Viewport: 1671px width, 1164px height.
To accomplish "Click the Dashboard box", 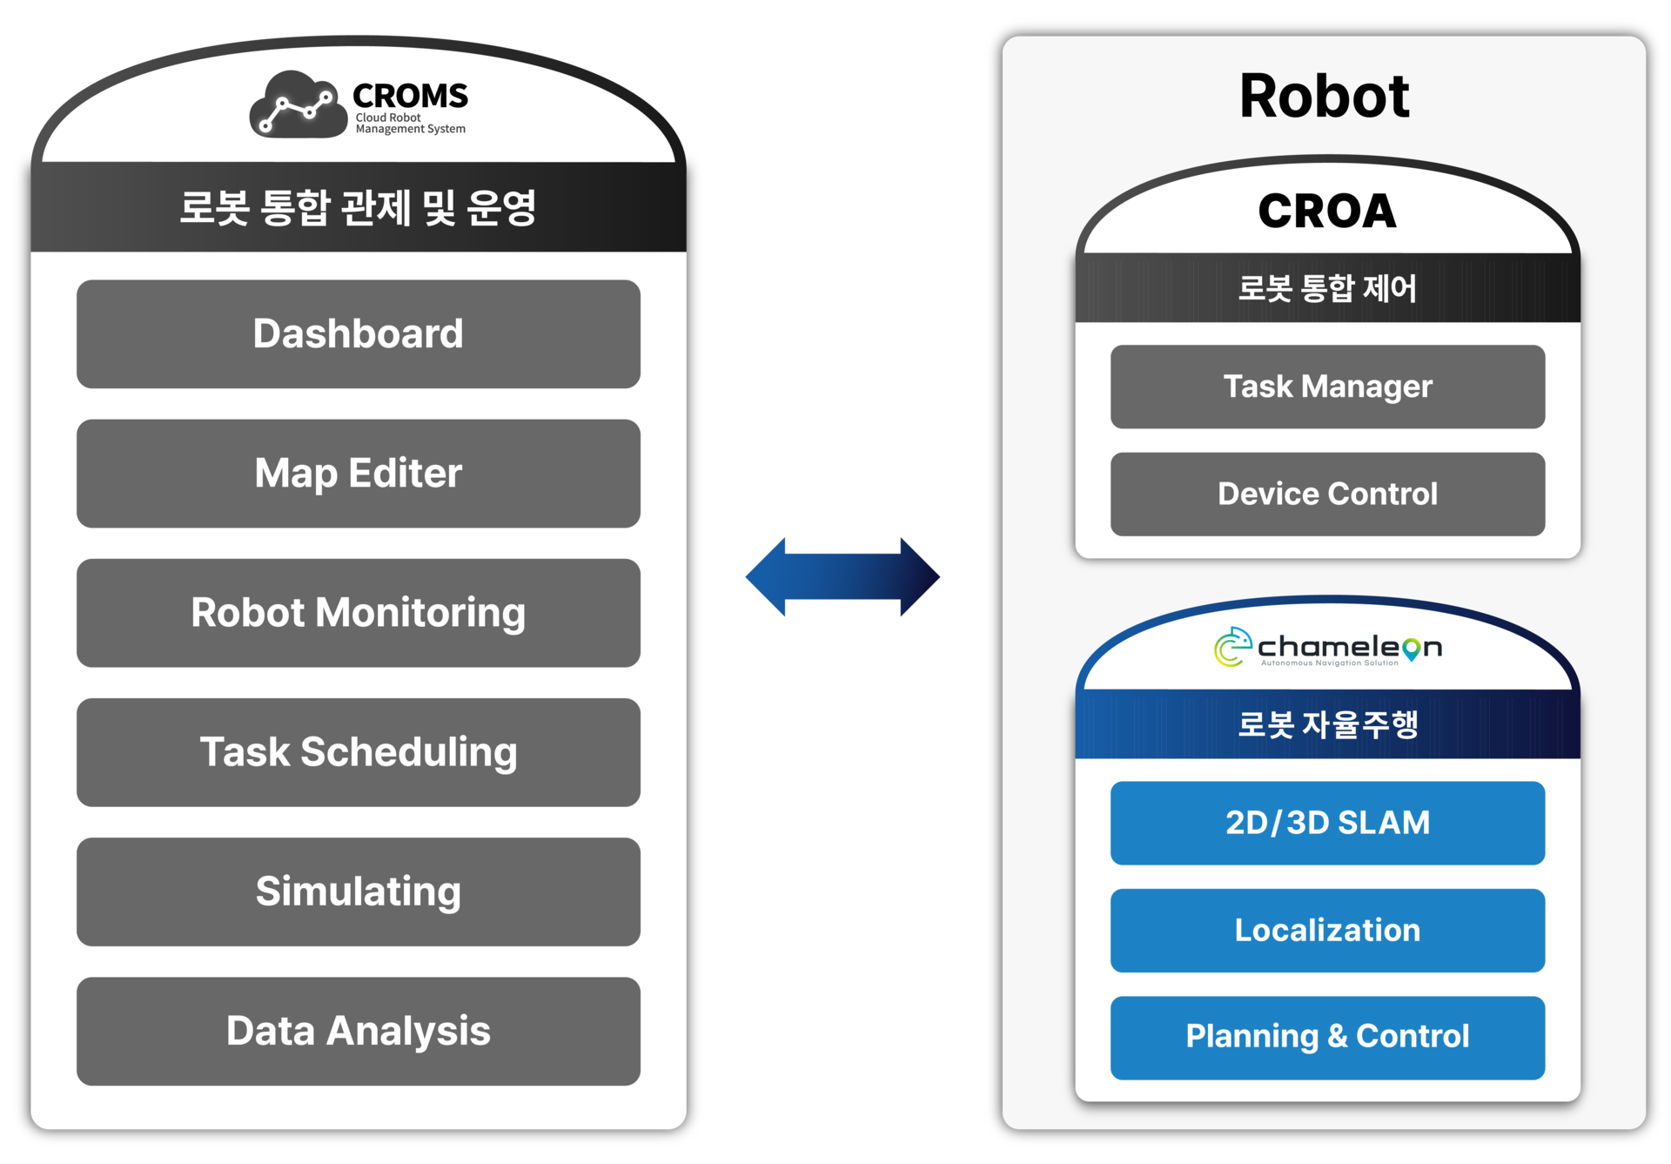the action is click(359, 334).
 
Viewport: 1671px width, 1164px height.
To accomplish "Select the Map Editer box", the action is click(359, 474).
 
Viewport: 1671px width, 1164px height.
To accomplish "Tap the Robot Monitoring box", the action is click(359, 613).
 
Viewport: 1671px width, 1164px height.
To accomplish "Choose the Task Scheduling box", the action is click(359, 752).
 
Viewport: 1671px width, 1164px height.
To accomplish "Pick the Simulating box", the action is click(359, 892).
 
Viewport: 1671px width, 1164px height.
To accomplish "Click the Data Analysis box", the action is click(359, 1031).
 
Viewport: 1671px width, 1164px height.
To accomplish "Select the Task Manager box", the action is click(1327, 387).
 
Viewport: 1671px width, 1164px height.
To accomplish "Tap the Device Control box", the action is click(1327, 494).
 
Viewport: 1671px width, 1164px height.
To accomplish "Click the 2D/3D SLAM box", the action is click(1327, 823).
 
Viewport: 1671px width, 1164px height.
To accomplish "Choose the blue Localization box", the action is click(1327, 930).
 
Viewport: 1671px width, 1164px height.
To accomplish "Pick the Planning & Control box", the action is click(1327, 1038).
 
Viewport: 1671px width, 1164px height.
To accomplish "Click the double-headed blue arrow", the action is click(842, 576).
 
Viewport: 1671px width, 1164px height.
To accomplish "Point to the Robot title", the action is click(1324, 96).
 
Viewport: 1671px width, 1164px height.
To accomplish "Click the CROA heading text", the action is click(1327, 212).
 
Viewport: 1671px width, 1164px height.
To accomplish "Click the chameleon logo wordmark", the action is click(1350, 648).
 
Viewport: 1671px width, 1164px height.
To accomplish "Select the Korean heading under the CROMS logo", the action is click(358, 208).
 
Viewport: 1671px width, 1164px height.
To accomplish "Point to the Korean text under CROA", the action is click(1327, 288).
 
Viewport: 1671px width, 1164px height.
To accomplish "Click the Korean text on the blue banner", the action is click(1327, 724).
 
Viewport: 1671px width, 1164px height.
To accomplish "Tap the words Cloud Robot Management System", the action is click(410, 124).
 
